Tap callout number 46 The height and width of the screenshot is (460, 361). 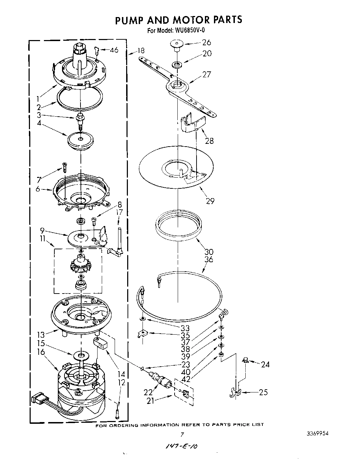(114, 50)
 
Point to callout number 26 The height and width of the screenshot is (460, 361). (207, 42)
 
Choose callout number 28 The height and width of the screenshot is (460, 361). (209, 141)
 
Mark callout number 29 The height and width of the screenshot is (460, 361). (210, 201)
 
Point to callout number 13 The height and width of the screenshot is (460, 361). (41, 335)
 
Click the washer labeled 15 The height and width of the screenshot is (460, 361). (81, 355)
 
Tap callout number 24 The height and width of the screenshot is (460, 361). (266, 365)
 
